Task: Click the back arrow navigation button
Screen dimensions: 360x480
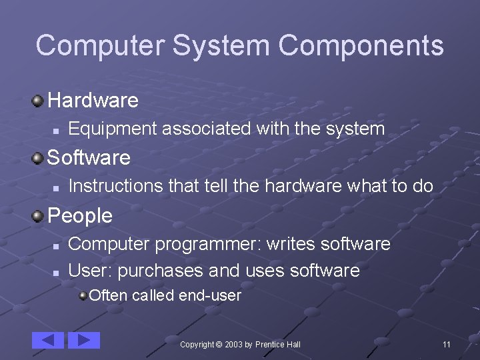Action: pos(48,340)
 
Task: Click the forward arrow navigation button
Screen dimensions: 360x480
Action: pos(84,340)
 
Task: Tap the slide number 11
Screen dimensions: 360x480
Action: pos(447,344)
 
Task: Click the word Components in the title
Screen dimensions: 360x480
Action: pos(361,46)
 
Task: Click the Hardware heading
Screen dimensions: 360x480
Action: pos(93,101)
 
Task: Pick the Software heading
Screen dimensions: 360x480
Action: pos(89,158)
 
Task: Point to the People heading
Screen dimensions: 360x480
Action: pos(81,216)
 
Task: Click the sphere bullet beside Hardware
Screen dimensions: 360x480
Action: pos(39,101)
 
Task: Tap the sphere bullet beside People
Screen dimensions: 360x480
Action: pos(39,215)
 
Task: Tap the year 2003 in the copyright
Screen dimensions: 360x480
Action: pos(233,344)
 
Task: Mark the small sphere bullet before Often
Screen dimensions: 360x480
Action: pos(83,295)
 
